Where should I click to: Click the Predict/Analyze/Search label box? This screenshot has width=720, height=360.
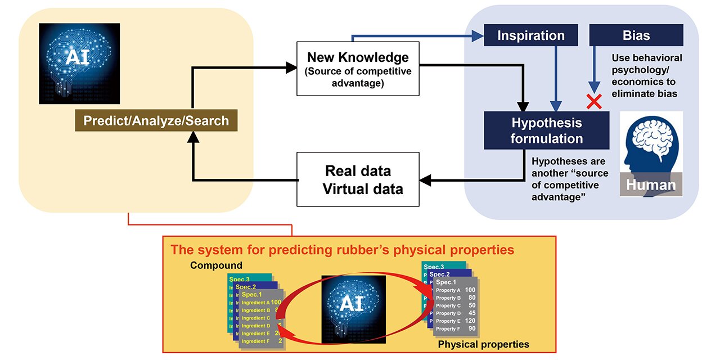156,120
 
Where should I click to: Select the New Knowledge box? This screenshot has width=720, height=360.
358,69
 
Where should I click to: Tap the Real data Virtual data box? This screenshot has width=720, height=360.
358,179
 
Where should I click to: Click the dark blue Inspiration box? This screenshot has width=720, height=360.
530,36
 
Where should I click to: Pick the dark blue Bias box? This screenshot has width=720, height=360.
636,36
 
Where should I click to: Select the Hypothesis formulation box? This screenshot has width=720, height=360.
546,130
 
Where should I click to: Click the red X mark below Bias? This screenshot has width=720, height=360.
592,101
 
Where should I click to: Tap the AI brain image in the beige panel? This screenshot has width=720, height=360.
79,64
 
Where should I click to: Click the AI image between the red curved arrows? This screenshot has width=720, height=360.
353,309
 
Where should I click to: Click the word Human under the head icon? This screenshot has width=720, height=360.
651,185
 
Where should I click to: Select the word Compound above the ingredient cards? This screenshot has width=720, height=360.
216,265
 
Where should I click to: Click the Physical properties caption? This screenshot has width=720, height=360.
483,344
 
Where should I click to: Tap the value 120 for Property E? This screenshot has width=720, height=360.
470,321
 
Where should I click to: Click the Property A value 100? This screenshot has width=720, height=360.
470,290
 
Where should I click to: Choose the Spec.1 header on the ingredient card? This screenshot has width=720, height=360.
251,294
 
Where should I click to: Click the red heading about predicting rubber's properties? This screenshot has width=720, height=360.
342,249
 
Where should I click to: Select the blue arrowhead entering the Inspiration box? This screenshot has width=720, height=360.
479,37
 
